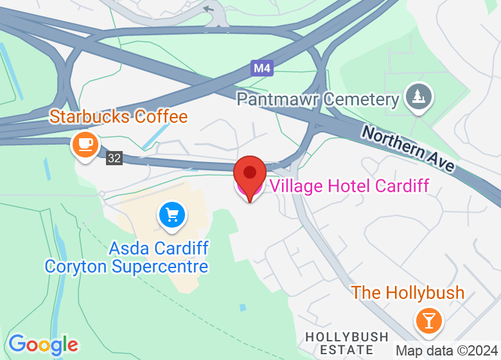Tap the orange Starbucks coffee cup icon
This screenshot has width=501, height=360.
85,143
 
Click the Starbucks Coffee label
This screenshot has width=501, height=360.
119,117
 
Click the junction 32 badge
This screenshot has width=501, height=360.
114,158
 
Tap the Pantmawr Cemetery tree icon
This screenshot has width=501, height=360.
419,97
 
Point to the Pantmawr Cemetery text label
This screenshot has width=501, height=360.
318,100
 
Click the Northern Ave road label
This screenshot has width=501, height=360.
409,148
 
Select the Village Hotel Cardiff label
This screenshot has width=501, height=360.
349,186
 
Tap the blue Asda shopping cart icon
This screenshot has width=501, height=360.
171,215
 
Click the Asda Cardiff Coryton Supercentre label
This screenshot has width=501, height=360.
127,257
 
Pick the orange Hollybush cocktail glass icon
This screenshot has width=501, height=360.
428,319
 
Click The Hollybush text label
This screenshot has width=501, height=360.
407,293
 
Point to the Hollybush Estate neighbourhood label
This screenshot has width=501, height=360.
347,343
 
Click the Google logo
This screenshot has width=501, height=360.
43,345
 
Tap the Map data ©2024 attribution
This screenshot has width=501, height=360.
448,351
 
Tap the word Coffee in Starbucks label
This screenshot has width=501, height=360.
161,117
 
